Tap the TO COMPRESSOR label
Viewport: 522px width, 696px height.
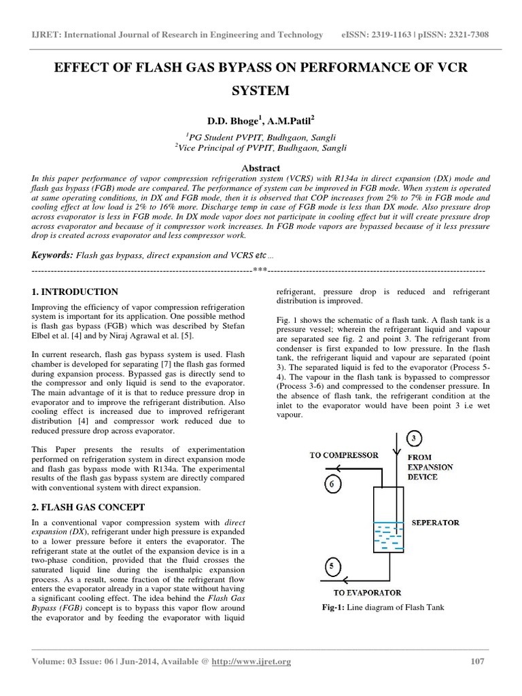coord(345,455)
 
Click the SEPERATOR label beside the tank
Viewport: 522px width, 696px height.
coord(435,523)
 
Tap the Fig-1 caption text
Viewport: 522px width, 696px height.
coord(383,607)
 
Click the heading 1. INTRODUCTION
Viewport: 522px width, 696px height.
coord(75,292)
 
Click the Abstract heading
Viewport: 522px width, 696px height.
coord(261,168)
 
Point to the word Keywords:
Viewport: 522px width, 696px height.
coord(52,254)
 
